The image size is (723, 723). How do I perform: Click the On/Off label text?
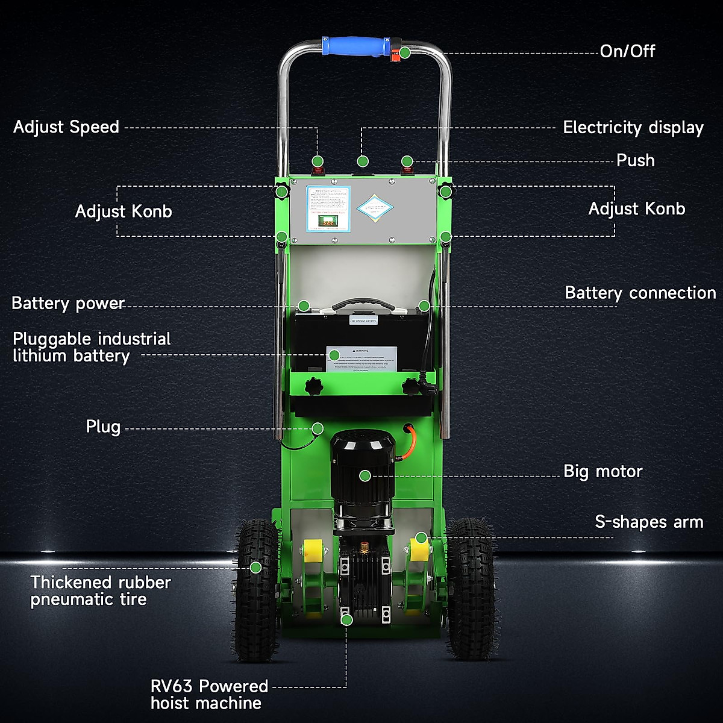point(627,51)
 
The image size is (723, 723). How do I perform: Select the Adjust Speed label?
point(66,127)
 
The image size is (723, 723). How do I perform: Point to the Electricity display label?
point(633,128)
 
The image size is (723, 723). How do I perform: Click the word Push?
point(635,160)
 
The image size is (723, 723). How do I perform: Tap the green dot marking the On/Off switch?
point(405,52)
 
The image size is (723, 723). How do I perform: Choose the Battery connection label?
point(640,293)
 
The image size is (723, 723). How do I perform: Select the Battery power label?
point(67,303)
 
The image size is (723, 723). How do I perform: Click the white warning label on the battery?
point(361,360)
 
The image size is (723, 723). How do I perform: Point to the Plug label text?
point(103,427)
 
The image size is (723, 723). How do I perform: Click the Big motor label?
point(602,471)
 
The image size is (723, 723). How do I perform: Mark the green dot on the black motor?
point(365,476)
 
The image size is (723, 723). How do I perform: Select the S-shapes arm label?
point(649,522)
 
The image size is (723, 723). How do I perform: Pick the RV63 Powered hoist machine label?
point(209,695)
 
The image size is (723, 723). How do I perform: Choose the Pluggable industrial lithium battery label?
point(92,347)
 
